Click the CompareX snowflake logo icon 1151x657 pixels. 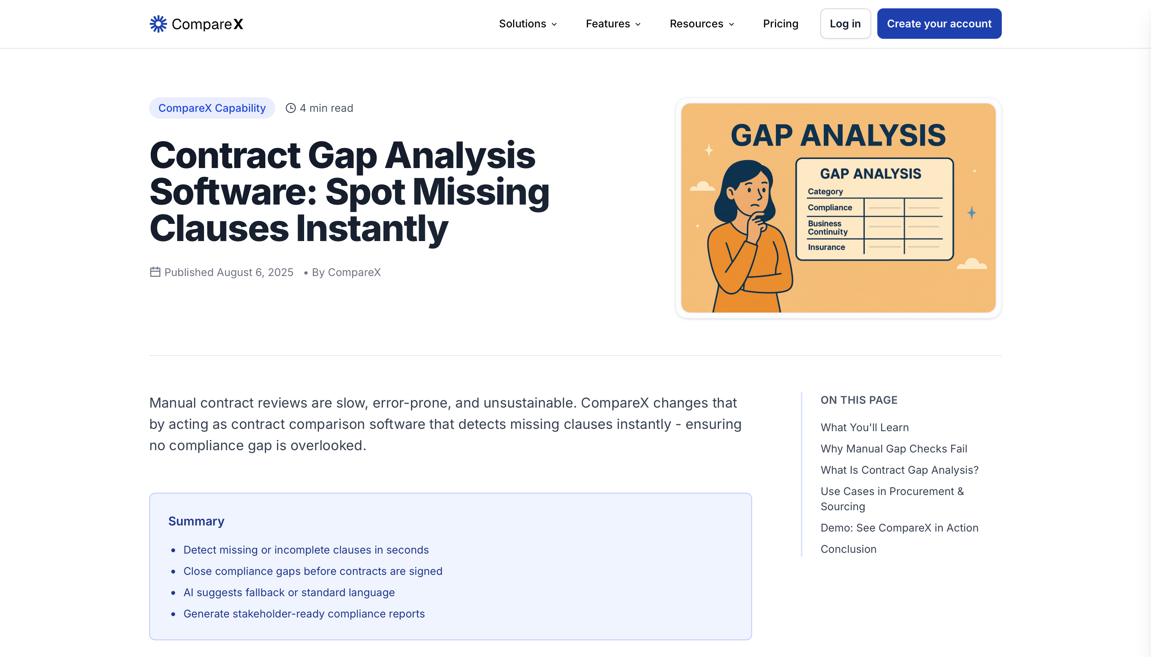pos(158,24)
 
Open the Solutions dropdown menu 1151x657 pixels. pos(527,24)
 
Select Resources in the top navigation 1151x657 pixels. pos(701,24)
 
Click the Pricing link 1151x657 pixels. pos(780,24)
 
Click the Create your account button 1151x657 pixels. pos(939,24)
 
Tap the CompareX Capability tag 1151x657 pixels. pos(212,108)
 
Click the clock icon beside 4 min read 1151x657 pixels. pos(290,108)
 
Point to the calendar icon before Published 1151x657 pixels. pos(155,272)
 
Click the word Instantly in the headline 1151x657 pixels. pos(372,229)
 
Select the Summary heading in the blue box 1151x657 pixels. pos(196,521)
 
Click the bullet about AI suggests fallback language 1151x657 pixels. pos(289,592)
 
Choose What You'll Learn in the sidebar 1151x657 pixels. pos(864,427)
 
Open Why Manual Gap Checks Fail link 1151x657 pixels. pos(894,449)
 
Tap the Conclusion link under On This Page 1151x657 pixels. pos(848,549)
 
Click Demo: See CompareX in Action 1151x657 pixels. pos(899,528)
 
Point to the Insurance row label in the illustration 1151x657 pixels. pos(826,247)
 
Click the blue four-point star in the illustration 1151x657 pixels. pos(972,213)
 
